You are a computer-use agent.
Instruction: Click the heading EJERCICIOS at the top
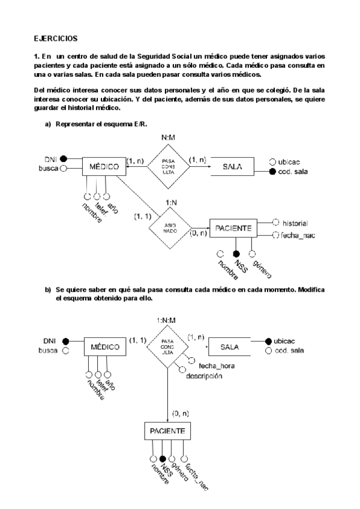[55, 38]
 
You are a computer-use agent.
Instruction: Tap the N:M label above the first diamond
[167, 138]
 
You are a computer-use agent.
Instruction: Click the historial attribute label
[295, 221]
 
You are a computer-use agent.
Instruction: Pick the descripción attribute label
[203, 376]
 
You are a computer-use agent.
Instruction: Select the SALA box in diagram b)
[229, 347]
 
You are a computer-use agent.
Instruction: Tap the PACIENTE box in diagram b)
[167, 430]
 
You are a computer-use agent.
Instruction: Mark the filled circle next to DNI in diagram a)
[63, 159]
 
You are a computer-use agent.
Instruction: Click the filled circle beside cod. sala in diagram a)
[273, 171]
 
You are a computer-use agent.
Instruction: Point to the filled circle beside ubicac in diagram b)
[268, 340]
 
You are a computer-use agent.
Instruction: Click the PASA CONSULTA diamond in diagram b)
[167, 348]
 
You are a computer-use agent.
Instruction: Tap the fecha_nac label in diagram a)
[298, 235]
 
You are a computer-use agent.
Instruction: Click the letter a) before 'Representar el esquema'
[49, 124]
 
